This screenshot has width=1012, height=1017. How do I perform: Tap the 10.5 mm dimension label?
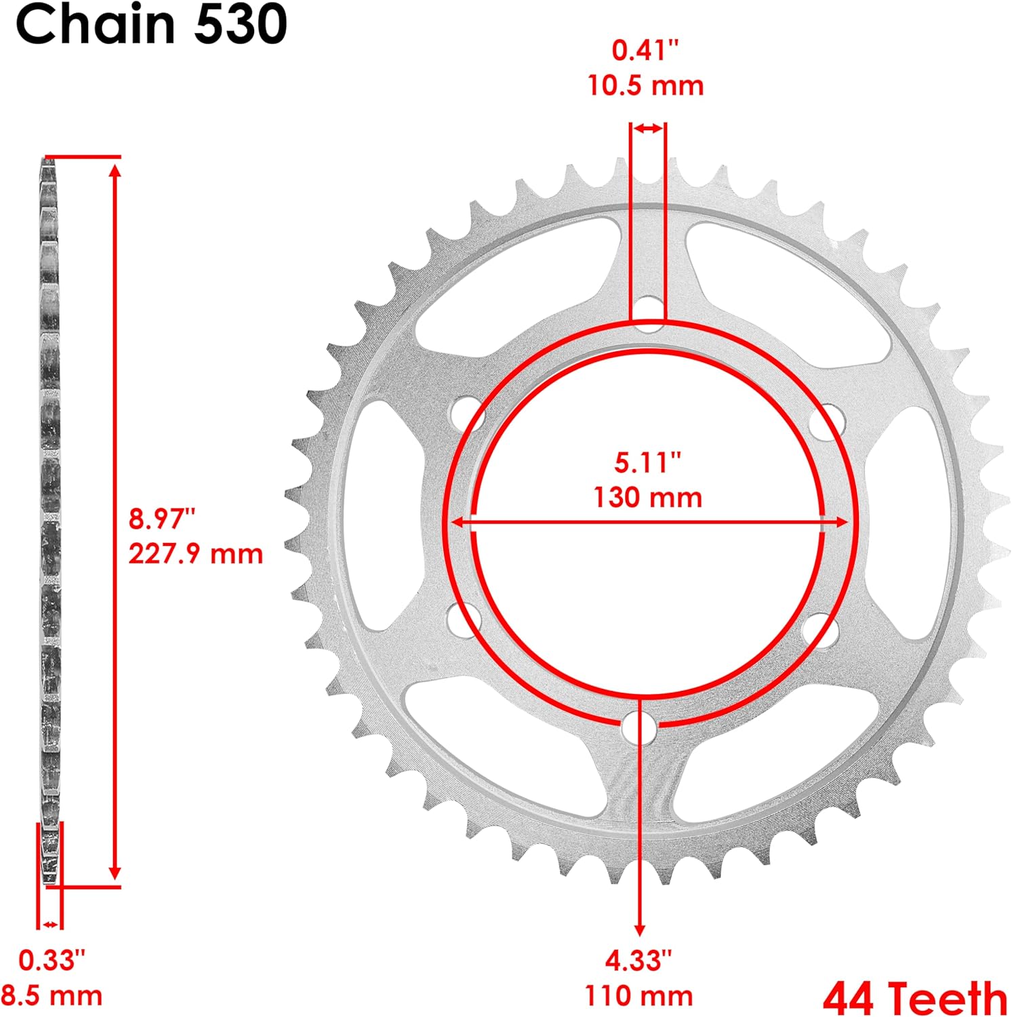coord(645,86)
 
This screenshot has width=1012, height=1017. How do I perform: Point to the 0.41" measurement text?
coord(645,50)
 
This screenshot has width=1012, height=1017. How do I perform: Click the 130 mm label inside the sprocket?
coord(647,498)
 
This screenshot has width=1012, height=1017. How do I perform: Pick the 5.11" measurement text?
coord(647,462)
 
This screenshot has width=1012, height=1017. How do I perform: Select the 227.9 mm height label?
coord(196,554)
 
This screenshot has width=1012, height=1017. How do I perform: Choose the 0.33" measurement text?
coord(52,960)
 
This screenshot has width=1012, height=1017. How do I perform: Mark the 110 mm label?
coord(639,996)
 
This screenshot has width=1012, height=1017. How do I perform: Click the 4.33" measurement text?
coord(639,960)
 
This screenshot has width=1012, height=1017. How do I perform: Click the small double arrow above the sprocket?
coord(648,129)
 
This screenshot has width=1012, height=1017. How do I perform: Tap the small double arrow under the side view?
coord(50,924)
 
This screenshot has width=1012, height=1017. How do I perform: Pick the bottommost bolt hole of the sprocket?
coord(639,729)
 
